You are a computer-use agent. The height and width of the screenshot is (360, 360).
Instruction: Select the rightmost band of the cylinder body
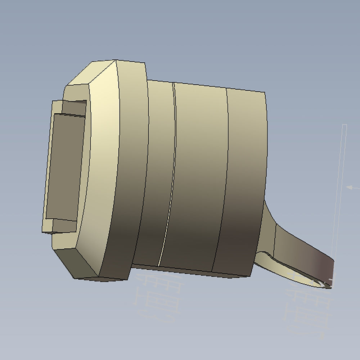tap(245, 180)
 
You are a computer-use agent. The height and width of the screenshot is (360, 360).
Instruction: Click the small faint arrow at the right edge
tap(351, 187)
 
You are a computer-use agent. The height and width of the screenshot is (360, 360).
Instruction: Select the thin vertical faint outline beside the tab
tap(340, 180)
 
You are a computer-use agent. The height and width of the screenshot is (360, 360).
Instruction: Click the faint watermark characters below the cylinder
tap(158, 299)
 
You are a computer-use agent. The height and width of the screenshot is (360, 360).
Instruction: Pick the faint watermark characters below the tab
tap(306, 310)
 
